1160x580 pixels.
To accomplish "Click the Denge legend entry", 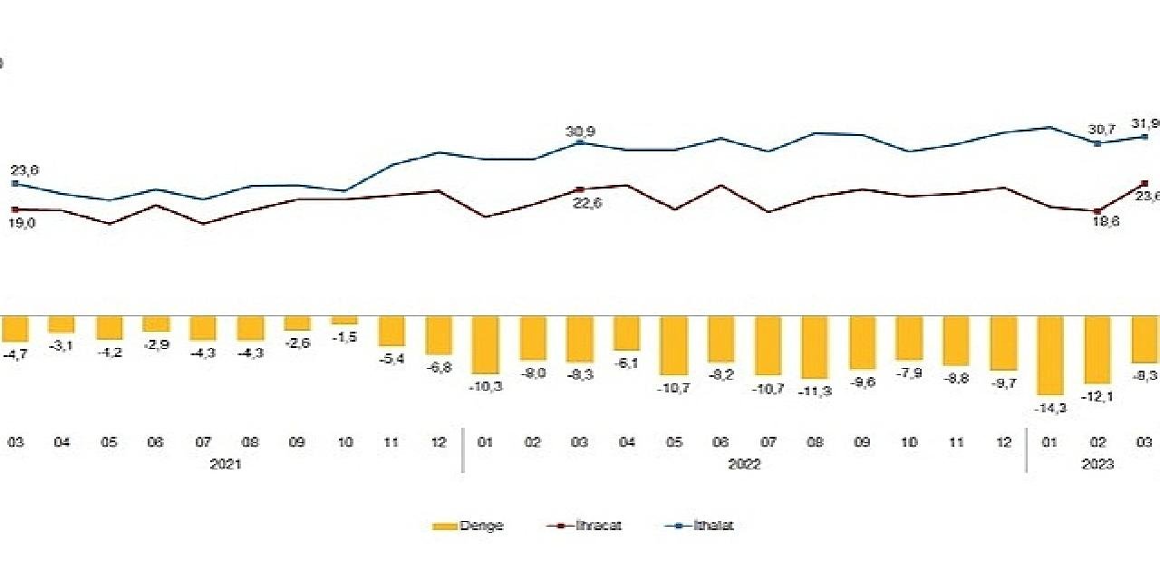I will [469, 526].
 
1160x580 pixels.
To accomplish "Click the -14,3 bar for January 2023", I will [1050, 354].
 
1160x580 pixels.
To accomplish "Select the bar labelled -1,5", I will [343, 320].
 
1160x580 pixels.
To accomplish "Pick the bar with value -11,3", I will [815, 346].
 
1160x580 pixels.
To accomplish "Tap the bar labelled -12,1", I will [1097, 349].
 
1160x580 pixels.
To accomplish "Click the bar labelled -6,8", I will [439, 334].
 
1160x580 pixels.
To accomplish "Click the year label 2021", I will [226, 464].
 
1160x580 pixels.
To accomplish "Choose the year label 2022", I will [744, 464].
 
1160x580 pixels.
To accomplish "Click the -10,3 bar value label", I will [486, 385].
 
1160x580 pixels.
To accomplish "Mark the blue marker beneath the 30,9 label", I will [581, 142].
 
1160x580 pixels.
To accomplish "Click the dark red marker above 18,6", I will [1097, 211].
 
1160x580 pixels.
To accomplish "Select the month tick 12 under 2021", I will [439, 442].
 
